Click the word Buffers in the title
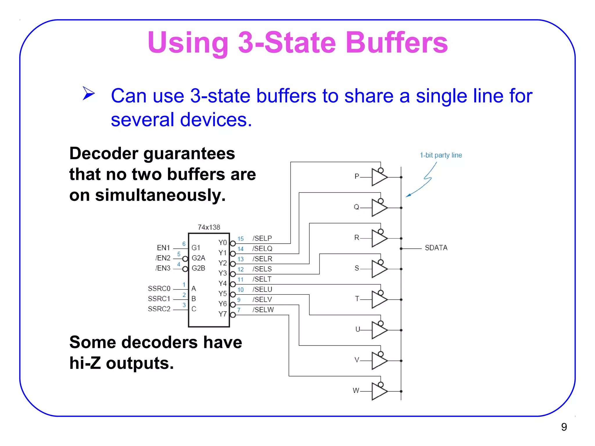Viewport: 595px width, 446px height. click(396, 43)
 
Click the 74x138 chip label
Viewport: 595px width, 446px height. click(209, 227)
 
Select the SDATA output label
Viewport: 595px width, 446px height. click(436, 248)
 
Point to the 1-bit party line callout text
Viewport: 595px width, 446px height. click(441, 155)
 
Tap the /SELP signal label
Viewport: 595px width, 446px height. click(262, 238)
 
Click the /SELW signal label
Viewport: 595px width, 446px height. click(263, 310)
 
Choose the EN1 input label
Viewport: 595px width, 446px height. click(163, 248)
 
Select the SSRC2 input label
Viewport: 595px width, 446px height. click(159, 309)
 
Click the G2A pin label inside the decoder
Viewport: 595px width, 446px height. click(198, 258)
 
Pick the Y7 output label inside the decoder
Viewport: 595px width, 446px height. click(223, 314)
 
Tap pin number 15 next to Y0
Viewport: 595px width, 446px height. click(241, 239)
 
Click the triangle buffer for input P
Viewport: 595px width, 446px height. click(379, 177)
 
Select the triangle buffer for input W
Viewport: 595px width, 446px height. click(379, 391)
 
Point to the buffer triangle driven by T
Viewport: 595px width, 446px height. click(379, 299)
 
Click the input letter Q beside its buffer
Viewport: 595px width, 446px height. click(356, 207)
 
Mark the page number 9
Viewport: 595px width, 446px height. click(564, 427)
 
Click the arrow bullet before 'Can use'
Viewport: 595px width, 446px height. click(89, 93)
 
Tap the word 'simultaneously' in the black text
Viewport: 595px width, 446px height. click(160, 195)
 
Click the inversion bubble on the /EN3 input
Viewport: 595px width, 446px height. click(185, 269)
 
